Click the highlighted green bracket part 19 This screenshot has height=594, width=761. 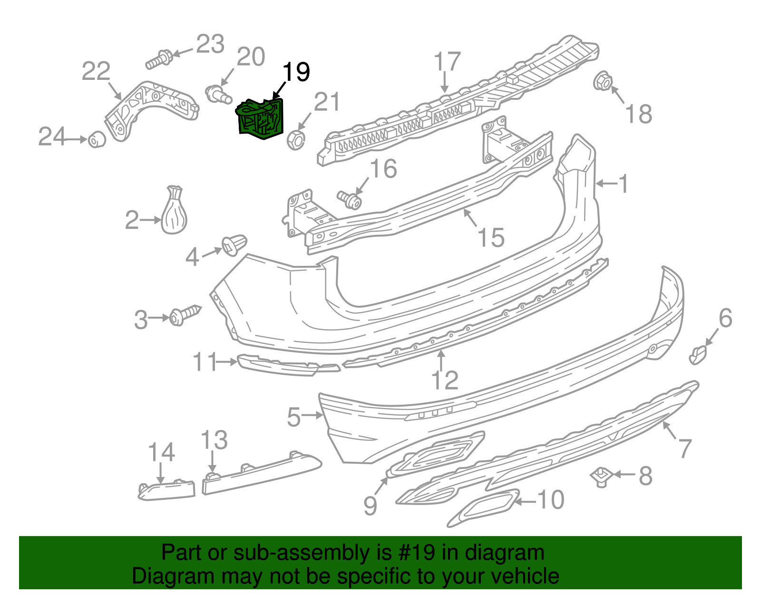click(x=261, y=119)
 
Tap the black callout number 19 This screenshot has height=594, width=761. click(x=296, y=72)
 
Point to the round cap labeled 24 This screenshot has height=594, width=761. click(x=97, y=139)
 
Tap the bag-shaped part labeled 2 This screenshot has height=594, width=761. click(x=175, y=213)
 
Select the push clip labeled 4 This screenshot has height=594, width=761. click(x=234, y=245)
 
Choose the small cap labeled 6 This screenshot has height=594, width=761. click(x=698, y=354)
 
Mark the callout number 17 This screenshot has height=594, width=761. click(x=447, y=62)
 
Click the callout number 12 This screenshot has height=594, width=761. click(x=445, y=380)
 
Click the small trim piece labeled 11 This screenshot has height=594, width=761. click(x=285, y=366)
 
